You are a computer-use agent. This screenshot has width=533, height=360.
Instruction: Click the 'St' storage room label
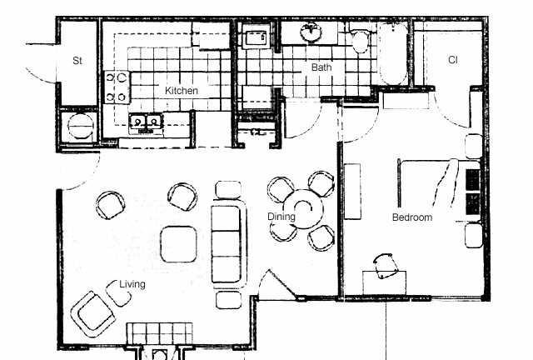77,61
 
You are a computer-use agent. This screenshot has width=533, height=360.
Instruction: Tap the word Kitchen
182,91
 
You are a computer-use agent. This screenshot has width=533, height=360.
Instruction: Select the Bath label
321,67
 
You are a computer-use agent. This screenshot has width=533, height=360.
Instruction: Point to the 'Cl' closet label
453,60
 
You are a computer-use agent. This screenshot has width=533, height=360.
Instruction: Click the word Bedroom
412,217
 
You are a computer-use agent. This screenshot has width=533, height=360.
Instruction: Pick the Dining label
281,217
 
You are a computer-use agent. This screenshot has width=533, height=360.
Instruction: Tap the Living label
132,284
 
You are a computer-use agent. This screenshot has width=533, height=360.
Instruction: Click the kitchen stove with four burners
117,87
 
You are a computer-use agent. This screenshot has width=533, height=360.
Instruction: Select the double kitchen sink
146,122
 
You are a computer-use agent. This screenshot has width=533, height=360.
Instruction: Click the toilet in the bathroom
361,40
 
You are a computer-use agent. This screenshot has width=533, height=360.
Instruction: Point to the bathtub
393,53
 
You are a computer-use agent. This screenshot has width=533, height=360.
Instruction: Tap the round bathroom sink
311,32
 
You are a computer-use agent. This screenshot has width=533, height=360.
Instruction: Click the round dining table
303,208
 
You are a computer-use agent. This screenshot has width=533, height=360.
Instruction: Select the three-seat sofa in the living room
228,244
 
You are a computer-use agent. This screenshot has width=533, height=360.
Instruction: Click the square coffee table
178,244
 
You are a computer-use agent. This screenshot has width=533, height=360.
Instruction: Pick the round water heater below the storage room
81,126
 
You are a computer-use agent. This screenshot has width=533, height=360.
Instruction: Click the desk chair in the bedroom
386,266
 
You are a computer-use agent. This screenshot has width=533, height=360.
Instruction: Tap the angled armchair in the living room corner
92,313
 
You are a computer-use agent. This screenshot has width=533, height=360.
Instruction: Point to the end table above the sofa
228,190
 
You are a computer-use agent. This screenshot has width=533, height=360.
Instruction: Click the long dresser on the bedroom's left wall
352,191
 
